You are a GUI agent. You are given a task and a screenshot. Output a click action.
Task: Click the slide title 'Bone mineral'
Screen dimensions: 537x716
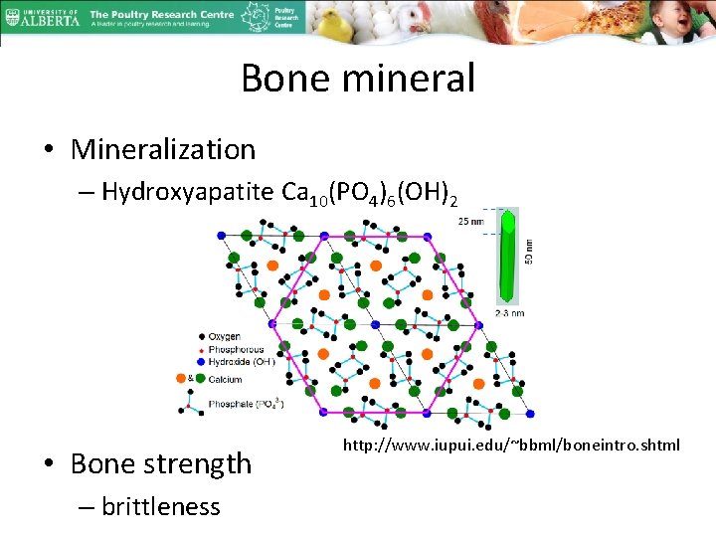358,78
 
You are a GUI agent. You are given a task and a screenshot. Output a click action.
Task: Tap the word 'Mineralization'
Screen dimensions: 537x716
163,149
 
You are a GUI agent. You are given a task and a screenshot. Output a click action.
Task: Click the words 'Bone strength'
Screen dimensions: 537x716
161,463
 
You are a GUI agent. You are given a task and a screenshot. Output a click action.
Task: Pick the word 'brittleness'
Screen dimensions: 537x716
160,506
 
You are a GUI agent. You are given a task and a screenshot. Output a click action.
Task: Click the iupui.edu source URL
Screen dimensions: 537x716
511,445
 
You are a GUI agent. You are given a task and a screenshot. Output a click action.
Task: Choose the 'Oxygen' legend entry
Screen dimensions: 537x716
224,337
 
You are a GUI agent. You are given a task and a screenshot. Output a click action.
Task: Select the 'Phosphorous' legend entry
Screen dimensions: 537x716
236,350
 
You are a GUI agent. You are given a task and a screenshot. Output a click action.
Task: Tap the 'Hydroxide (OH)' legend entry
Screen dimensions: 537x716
242,363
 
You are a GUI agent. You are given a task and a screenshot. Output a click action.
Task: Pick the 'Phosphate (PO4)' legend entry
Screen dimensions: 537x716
244,404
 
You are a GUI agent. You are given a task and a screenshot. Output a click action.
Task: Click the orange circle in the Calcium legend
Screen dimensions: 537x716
192,379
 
